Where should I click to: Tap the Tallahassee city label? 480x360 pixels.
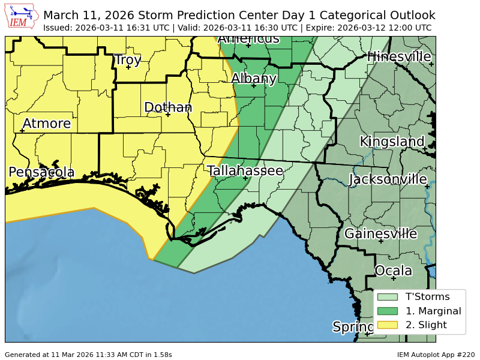245,171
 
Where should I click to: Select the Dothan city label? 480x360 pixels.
168,107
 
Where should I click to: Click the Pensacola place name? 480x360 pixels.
41,173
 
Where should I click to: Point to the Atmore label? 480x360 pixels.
46,124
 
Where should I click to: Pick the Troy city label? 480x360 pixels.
128,60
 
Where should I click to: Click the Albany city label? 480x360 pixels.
254,79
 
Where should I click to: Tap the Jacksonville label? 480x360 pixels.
388,179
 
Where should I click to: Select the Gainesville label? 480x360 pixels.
380,234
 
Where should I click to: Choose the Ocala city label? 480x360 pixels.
393,271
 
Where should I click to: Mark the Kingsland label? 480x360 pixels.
392,142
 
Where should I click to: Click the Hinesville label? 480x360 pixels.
399,57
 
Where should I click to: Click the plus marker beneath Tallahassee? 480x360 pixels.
245,178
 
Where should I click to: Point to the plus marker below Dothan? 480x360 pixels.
168,115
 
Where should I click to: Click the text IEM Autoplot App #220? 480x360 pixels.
436,355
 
